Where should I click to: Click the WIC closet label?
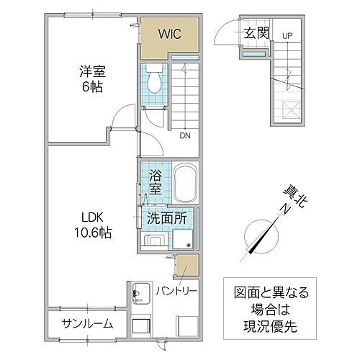(x=169, y=33)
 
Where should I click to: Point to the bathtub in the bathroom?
(x=184, y=184)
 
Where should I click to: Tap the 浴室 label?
(x=155, y=183)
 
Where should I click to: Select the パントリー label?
(x=176, y=292)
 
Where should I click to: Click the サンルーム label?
(x=86, y=323)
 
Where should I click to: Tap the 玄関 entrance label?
(x=256, y=32)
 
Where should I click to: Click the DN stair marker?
(x=185, y=135)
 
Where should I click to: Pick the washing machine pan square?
(x=182, y=240)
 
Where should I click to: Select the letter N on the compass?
(x=284, y=210)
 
